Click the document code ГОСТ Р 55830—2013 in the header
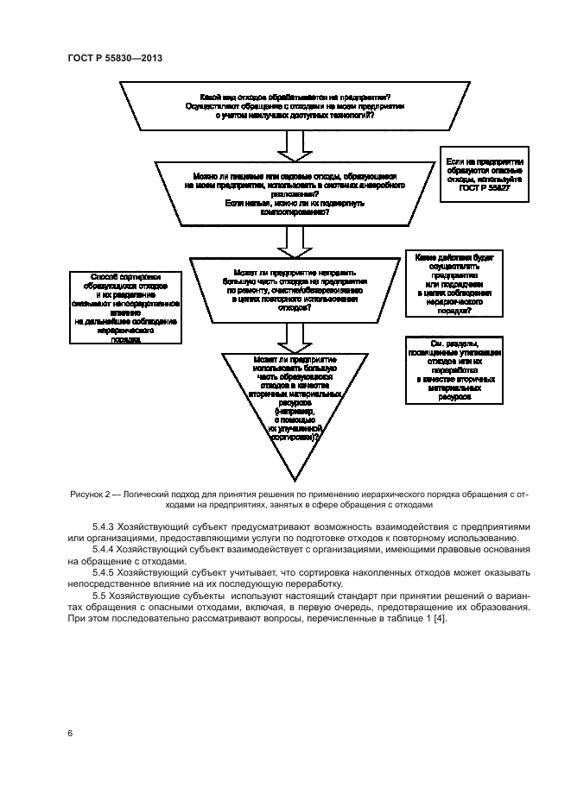115,57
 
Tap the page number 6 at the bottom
70,733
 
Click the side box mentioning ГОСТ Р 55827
485,174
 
